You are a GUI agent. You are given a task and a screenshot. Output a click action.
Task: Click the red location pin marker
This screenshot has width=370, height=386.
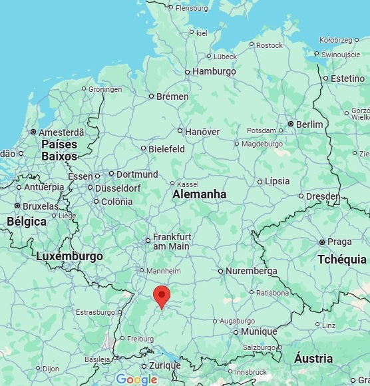(161, 295)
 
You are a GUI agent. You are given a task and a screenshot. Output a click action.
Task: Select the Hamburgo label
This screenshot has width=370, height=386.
(214, 72)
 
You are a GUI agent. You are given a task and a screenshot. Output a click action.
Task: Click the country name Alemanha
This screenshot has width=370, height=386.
(199, 194)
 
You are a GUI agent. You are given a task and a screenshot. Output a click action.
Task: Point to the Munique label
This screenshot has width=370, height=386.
(258, 331)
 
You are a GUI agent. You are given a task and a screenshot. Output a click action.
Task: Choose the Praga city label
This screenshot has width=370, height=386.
(339, 242)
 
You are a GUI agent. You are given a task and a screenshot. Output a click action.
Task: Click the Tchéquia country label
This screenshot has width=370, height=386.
(342, 259)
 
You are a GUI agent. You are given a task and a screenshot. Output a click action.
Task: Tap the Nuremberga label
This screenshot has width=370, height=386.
(252, 271)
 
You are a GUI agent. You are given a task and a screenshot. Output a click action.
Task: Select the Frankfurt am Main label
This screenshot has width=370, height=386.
(172, 241)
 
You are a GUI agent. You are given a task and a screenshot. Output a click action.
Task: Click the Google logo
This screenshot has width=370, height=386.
(136, 379)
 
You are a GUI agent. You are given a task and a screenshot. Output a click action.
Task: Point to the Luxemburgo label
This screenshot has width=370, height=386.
(69, 256)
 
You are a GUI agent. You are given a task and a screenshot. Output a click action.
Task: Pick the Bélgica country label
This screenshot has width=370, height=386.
(27, 222)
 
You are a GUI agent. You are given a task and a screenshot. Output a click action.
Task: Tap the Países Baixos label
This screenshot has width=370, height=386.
(59, 150)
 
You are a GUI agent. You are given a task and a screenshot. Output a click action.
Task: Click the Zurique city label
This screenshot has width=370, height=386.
(165, 365)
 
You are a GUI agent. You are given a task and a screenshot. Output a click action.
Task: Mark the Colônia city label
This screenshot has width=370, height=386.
(117, 202)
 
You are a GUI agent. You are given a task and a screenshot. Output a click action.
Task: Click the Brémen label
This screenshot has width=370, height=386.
(172, 96)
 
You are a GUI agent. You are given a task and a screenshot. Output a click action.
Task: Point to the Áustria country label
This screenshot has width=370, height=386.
(313, 359)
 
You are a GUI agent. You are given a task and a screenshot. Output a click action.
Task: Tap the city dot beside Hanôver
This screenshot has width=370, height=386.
(180, 132)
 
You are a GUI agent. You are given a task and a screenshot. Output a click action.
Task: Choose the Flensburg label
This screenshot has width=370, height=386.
(191, 8)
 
